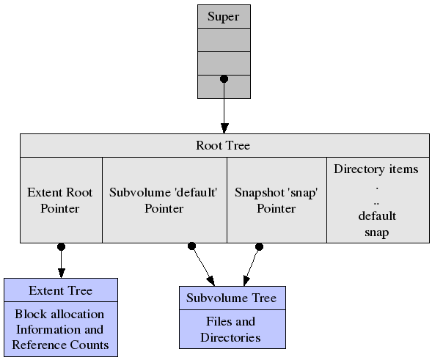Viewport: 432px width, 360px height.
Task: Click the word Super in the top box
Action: [x=223, y=17]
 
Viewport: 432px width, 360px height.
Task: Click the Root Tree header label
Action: [x=223, y=145]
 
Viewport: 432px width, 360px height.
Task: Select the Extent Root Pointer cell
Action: [x=61, y=200]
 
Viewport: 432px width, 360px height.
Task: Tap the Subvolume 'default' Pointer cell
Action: [x=164, y=200]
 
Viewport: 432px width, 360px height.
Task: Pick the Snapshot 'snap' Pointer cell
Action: [x=277, y=200]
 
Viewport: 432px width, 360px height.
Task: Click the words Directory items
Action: [x=376, y=169]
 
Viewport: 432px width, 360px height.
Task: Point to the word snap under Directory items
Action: [x=376, y=232]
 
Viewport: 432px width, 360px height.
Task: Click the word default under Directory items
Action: [x=377, y=216]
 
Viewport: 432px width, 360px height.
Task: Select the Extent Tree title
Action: [x=61, y=290]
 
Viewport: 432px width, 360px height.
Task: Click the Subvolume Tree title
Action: [x=232, y=298]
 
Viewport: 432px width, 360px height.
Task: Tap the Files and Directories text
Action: [x=230, y=329]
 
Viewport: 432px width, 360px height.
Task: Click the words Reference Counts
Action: [x=60, y=345]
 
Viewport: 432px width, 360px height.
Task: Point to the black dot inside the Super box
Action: [x=224, y=79]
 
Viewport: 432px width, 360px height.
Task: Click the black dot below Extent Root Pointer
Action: [x=61, y=247]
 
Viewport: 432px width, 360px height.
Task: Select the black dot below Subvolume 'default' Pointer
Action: [x=191, y=246]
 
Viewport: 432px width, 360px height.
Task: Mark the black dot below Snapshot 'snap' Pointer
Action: [x=259, y=247]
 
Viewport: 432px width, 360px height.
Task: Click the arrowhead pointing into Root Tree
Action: [x=224, y=128]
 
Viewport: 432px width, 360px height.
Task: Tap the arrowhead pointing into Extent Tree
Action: [x=61, y=273]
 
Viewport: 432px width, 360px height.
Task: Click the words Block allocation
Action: [x=59, y=315]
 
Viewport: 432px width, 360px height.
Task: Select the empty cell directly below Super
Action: [x=224, y=40]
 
